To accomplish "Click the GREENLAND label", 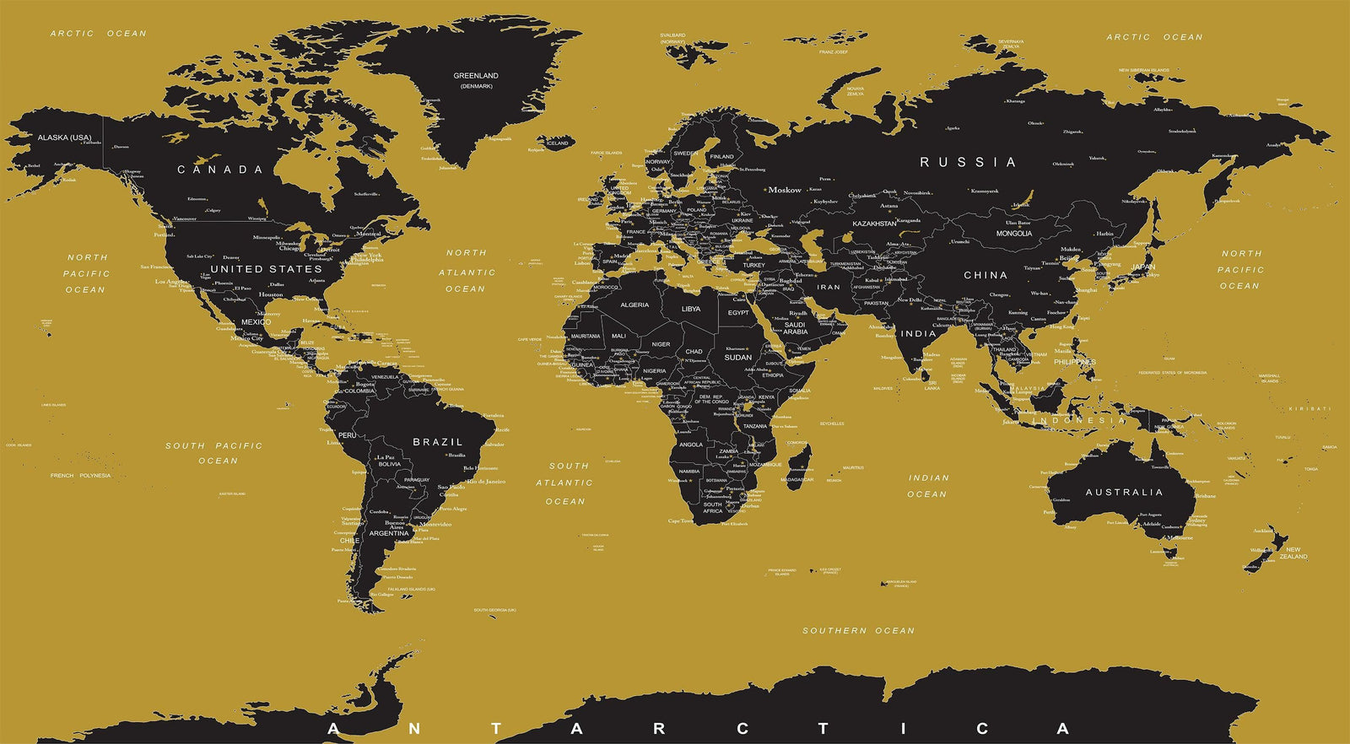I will point(476,76).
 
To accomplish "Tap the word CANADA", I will point(220,170).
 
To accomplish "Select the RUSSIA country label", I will point(968,162).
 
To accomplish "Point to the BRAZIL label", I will point(438,442).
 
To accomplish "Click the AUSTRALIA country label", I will point(1124,493).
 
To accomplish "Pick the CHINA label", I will point(985,275).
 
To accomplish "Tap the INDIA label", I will point(919,334).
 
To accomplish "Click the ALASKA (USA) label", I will point(65,137).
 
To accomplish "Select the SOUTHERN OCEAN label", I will point(858,631).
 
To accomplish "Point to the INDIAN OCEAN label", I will point(928,486).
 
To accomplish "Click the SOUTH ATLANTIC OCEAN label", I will point(565,483).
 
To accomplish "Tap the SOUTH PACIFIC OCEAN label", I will point(214,453).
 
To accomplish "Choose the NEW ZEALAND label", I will point(1293,553).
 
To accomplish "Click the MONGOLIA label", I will point(1014,234).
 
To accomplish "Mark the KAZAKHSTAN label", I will point(874,224).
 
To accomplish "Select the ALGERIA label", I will point(634,305).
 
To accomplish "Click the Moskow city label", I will point(785,191).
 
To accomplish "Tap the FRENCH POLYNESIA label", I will point(80,476).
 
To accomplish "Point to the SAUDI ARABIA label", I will point(795,328).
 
